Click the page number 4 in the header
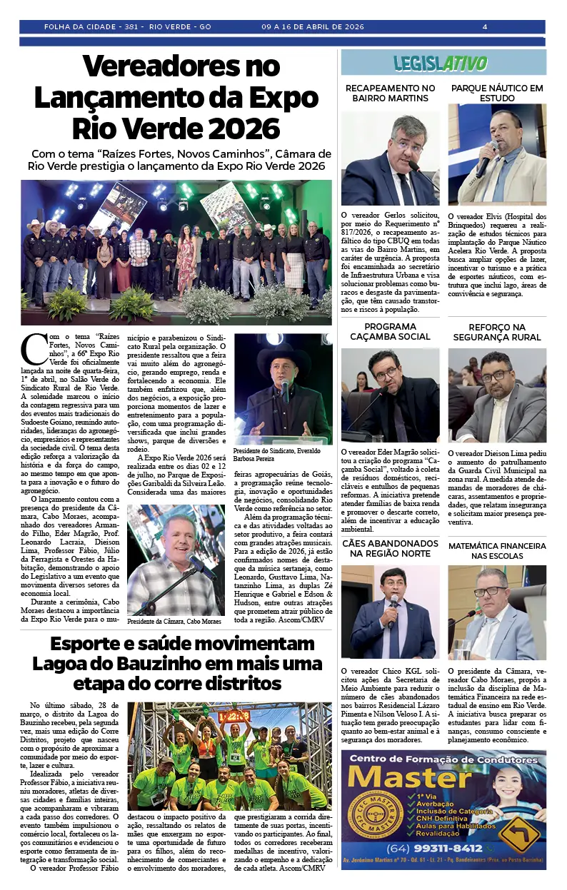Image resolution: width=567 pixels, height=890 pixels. coord(485,27)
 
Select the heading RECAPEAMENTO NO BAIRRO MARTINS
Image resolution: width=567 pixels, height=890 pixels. coord(390,93)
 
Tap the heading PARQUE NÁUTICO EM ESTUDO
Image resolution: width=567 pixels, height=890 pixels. coord(497,93)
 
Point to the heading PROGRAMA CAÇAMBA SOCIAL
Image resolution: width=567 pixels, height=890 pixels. coord(390,331)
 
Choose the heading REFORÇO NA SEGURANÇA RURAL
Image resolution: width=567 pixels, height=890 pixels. coord(497,332)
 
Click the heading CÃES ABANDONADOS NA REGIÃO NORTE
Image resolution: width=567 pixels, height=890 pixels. coord(390,548)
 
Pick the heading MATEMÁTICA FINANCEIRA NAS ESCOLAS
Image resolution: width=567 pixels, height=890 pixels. coord(497,550)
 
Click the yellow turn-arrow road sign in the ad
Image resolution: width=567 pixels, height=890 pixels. coord(519,834)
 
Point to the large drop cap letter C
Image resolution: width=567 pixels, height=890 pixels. coord(34,349)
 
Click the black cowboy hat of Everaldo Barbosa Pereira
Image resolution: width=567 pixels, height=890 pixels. coord(283,355)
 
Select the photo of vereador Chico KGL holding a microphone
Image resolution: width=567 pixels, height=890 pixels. coord(390,612)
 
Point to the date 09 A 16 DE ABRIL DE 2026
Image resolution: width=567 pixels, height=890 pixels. coord(313,27)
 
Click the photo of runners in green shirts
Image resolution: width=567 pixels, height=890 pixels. coord(229,755)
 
